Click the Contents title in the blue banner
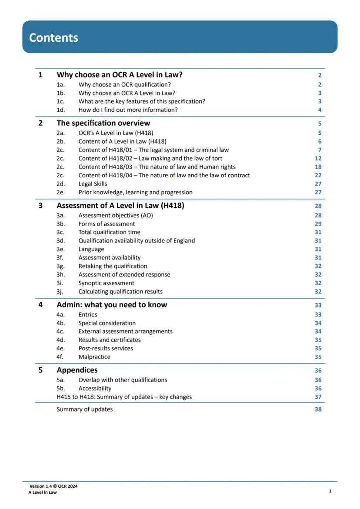coord(53,37)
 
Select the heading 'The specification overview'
coord(103,123)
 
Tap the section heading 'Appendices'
coord(77,370)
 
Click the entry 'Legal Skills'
coord(93,184)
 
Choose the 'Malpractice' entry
coord(94,357)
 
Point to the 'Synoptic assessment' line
coord(106,283)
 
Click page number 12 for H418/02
coord(318,159)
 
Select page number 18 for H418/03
coord(318,167)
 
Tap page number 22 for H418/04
coord(318,176)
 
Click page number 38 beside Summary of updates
coord(318,409)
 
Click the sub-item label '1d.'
coord(60,110)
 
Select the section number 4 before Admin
coord(40,305)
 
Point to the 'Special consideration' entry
coord(107,323)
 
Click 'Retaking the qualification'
coord(113,266)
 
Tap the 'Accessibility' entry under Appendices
coord(95,389)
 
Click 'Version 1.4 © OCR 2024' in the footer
coord(53,486)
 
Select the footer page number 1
coord(330,491)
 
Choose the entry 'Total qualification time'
coord(109,232)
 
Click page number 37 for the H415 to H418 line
coord(318,397)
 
